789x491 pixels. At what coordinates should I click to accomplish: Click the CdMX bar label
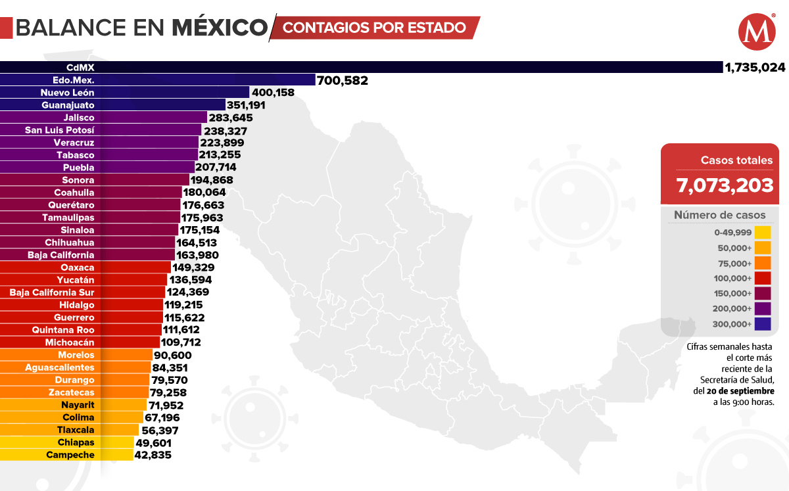click(76, 67)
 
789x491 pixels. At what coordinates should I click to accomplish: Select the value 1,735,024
click(754, 68)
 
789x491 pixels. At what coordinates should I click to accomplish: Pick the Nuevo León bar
click(125, 93)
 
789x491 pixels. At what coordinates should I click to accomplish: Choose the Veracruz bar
click(99, 143)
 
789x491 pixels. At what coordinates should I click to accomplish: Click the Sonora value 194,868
click(211, 180)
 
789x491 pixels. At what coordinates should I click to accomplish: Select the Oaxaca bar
click(85, 268)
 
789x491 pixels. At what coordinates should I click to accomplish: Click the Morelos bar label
click(76, 355)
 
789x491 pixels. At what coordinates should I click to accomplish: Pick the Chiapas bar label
click(76, 442)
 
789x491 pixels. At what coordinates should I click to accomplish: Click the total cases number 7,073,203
click(725, 185)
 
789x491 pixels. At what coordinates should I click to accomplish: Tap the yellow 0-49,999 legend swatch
click(763, 232)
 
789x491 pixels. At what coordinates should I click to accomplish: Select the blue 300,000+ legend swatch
click(763, 324)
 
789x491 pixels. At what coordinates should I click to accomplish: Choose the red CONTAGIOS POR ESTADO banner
click(375, 28)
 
